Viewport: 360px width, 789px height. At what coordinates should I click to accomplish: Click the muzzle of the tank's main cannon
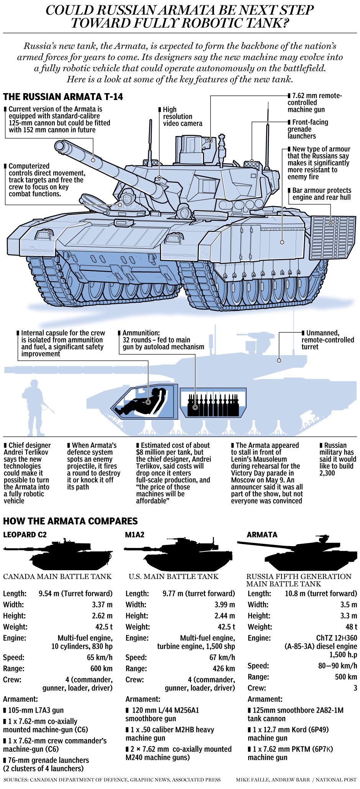tap(60, 146)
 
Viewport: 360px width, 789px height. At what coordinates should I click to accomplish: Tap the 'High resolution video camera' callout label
tap(182, 116)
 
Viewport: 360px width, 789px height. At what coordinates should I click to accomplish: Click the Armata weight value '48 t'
tap(351, 627)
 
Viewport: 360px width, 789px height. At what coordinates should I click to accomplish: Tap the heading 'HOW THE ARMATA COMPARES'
tap(70, 521)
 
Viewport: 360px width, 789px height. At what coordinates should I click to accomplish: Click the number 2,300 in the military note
tap(327, 473)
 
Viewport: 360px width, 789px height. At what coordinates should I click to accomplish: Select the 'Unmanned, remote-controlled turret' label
tap(327, 340)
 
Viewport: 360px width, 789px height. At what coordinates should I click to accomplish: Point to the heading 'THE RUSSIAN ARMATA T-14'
tap(63, 97)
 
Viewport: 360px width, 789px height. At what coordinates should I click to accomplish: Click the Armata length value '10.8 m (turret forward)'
tap(321, 593)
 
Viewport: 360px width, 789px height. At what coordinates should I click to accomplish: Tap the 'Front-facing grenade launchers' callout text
tap(308, 129)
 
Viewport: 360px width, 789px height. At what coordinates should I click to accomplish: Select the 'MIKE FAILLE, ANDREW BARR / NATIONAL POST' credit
tap(296, 779)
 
